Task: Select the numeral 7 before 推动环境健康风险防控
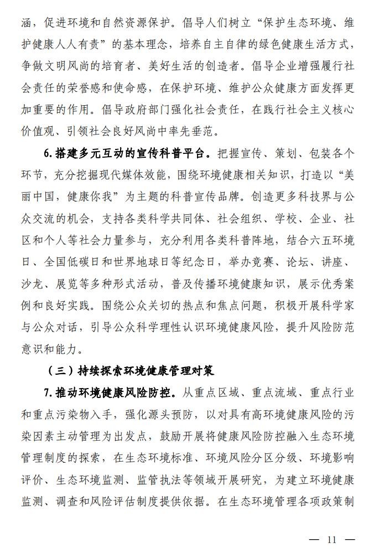[47, 392]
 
